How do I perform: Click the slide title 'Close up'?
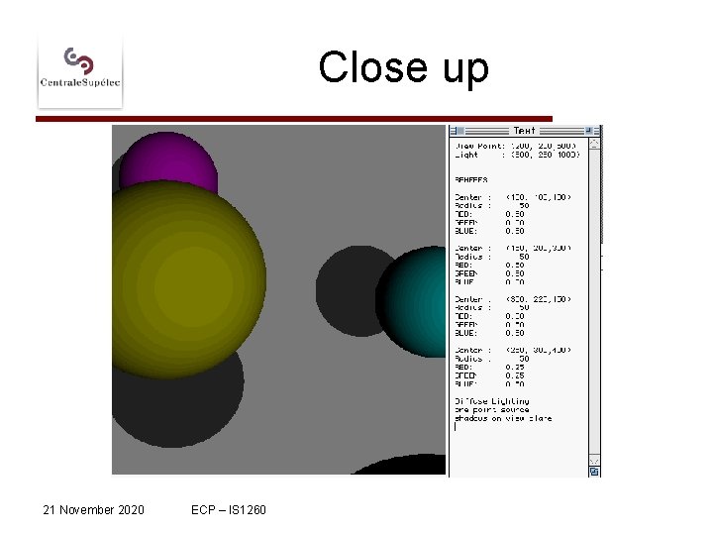point(403,68)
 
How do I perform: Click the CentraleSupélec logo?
point(80,68)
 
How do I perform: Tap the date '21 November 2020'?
point(93,510)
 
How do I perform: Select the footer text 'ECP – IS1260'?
point(230,510)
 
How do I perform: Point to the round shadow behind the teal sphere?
point(352,287)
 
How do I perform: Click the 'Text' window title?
point(524,131)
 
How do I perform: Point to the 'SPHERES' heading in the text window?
point(471,179)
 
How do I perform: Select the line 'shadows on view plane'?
point(503,418)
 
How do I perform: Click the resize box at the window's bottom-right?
point(594,472)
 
